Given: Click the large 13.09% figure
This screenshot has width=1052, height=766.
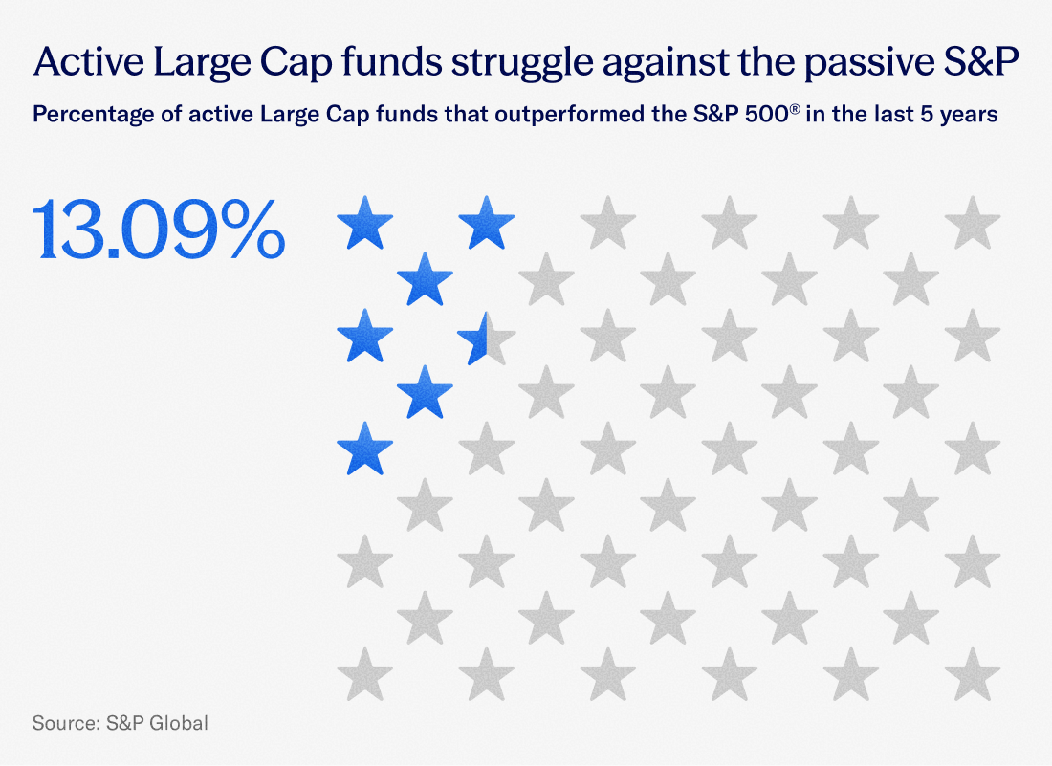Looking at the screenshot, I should coord(160,230).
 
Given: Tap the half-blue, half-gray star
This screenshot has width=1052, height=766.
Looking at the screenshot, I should coord(486,338).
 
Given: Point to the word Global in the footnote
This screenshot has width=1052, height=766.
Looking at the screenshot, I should coord(179,723).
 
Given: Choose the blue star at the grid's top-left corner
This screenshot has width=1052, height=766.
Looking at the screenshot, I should coord(365,224).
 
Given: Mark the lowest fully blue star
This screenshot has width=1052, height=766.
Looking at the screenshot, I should coord(365,449).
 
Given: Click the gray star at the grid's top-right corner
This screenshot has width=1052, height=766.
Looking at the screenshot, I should coord(973,224).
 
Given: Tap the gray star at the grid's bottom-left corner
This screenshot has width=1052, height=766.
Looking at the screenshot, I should coord(365,674).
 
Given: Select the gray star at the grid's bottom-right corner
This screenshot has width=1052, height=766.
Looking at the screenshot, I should coord(973,674).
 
